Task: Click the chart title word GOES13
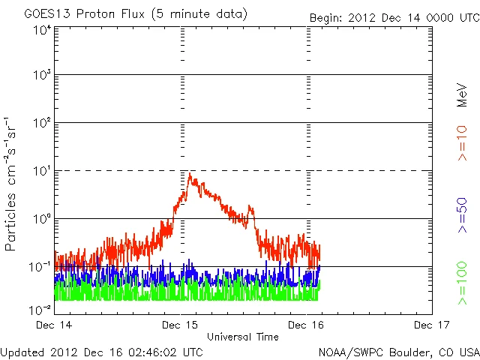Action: (x=46, y=14)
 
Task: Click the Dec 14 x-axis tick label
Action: (x=55, y=325)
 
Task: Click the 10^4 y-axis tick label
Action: (x=41, y=29)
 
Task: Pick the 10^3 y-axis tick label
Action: (x=41, y=76)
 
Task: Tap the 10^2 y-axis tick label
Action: (x=41, y=124)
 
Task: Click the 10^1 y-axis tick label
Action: (x=41, y=172)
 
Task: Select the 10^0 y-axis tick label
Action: (x=41, y=220)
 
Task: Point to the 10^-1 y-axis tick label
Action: (x=40, y=267)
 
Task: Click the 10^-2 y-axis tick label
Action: (x=40, y=310)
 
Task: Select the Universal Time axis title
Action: (x=242, y=337)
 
